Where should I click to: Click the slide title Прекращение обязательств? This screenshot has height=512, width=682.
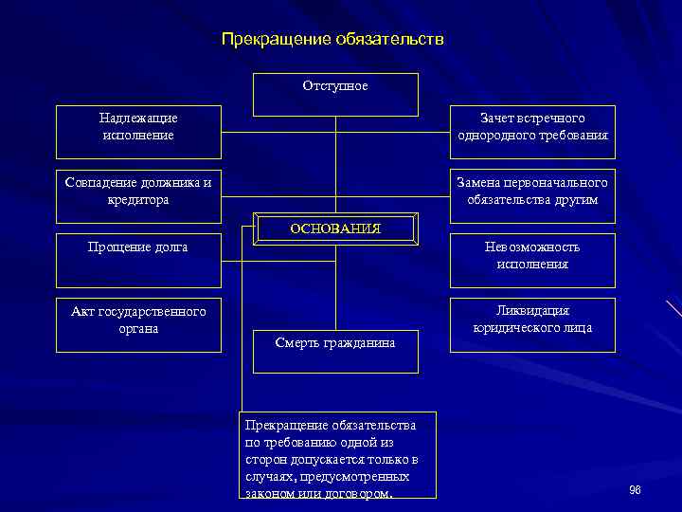coord(332,40)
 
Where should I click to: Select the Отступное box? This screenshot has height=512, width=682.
coord(335,94)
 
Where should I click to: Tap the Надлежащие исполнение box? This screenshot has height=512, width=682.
coord(138,131)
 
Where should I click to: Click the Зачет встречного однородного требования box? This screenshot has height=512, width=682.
coord(532,131)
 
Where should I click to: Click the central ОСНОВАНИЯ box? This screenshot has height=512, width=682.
coord(334,229)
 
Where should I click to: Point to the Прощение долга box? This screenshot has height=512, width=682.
coord(138,260)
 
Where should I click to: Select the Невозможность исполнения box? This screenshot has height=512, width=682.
coord(532,260)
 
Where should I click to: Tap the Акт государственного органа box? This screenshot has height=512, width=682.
coord(138,325)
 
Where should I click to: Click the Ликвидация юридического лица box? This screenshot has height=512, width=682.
coord(532,324)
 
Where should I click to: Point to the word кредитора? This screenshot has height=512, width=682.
coord(138,200)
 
